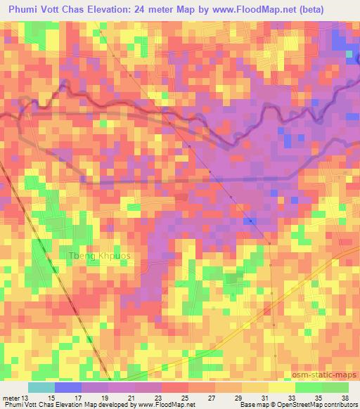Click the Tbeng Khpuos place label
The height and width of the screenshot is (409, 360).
point(99,255)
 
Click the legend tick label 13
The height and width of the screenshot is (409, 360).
point(27,397)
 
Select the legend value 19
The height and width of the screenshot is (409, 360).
point(105,397)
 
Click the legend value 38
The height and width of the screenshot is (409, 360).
point(345,397)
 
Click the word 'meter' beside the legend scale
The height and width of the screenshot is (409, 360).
point(11,397)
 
